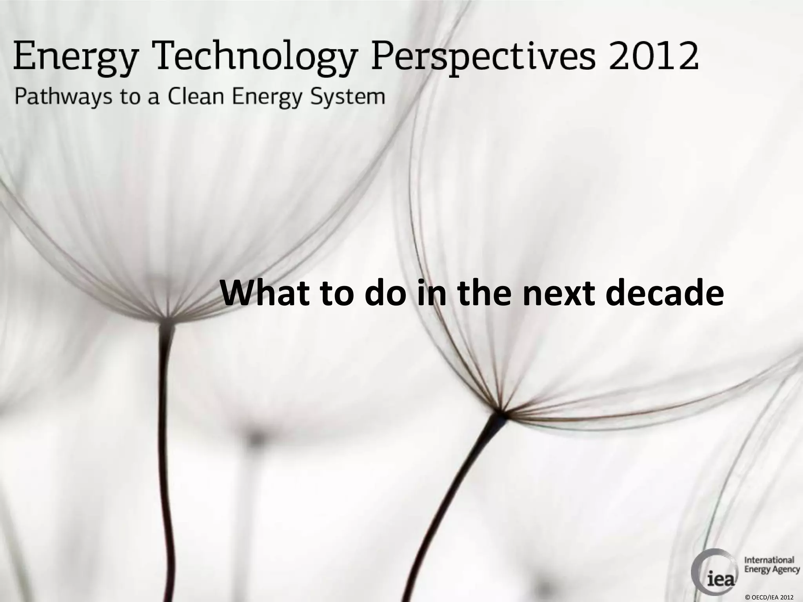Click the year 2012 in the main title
point(653,57)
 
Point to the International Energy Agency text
point(771,565)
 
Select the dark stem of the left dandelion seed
point(165,431)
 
